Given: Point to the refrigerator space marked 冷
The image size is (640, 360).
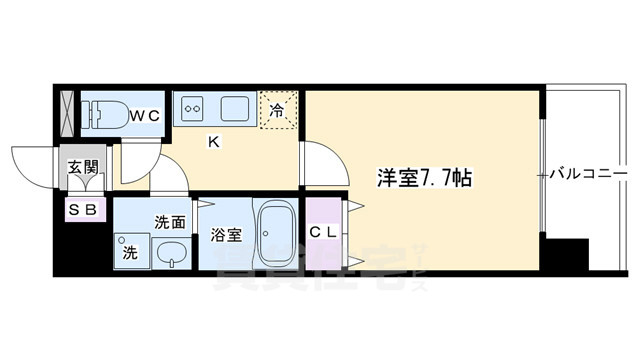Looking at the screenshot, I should [x=278, y=111].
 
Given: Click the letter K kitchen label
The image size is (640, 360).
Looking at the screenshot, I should [x=213, y=142].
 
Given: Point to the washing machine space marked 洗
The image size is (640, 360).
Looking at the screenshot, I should [x=127, y=250].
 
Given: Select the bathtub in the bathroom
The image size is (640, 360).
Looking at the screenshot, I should [x=273, y=235].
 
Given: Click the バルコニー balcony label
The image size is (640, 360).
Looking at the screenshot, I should [x=590, y=175].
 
